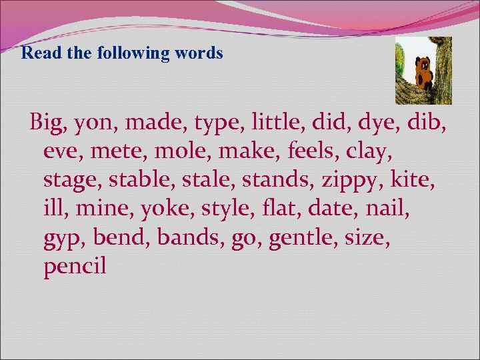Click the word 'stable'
click(137, 181)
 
